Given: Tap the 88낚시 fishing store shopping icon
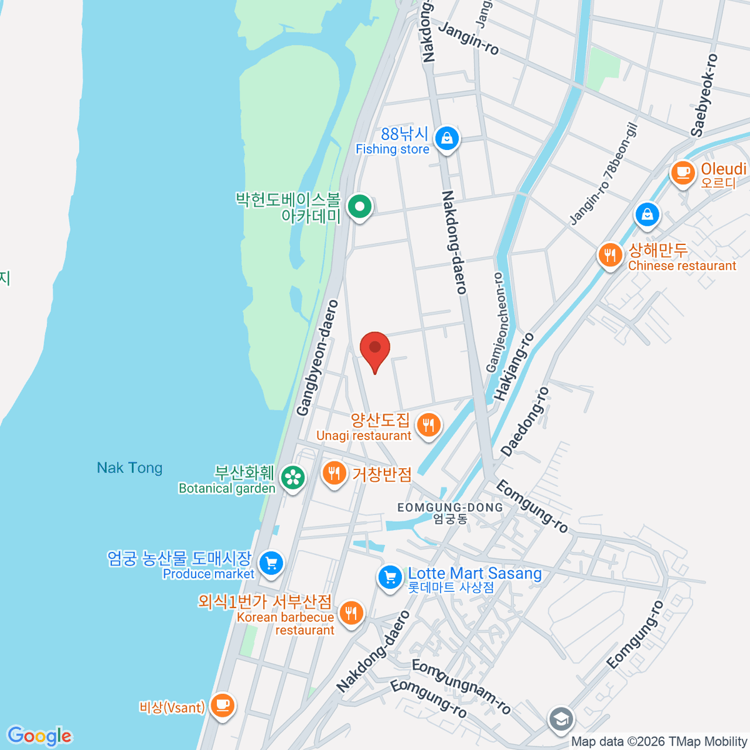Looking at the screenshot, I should pyautogui.click(x=447, y=139).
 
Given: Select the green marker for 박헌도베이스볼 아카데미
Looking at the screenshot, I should pyautogui.click(x=359, y=207).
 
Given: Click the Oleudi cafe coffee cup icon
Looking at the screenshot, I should pyautogui.click(x=682, y=173).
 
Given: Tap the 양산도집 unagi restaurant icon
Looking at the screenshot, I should pyautogui.click(x=428, y=426).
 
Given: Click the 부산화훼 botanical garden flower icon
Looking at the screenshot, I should pyautogui.click(x=292, y=478).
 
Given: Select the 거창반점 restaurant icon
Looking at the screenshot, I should pyautogui.click(x=335, y=474).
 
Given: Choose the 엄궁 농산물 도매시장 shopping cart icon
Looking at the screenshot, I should pyautogui.click(x=271, y=563).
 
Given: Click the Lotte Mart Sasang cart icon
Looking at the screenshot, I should pyautogui.click(x=391, y=577).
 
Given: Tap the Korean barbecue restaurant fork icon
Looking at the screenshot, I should pyautogui.click(x=351, y=613).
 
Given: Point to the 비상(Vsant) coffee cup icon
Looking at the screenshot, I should pyautogui.click(x=221, y=706).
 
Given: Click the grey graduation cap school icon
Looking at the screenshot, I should pyautogui.click(x=561, y=719).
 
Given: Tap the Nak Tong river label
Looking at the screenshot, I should pyautogui.click(x=129, y=467).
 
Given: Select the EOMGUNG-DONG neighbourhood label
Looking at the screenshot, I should pyautogui.click(x=450, y=507).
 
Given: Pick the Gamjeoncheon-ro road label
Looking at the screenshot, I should pyautogui.click(x=498, y=322).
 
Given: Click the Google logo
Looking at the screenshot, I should pyautogui.click(x=39, y=736).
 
